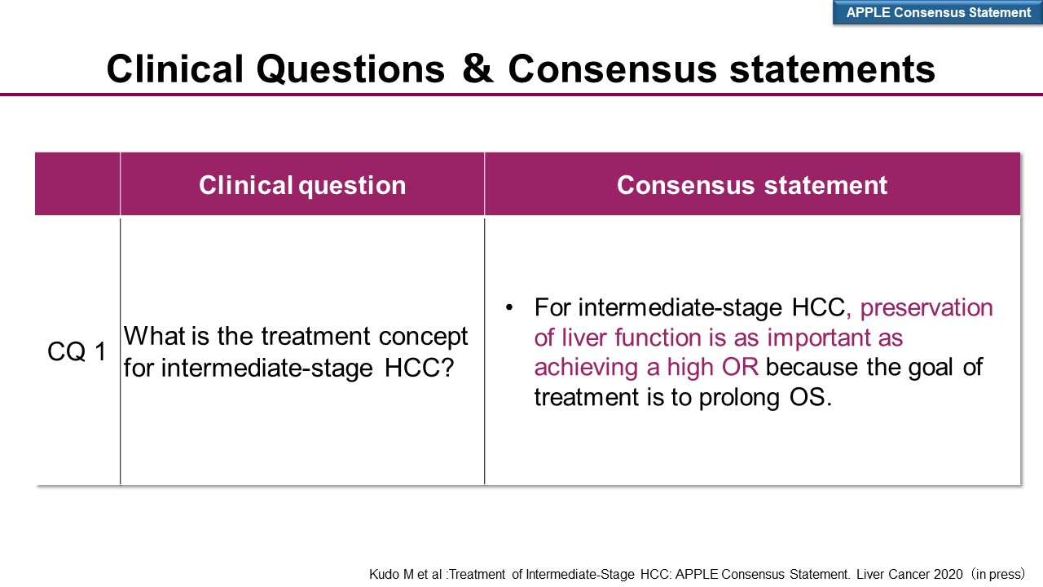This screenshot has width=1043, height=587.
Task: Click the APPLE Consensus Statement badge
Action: click(938, 12)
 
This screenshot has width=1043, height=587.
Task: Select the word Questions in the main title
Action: click(350, 70)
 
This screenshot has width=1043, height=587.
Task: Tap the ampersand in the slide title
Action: click(477, 69)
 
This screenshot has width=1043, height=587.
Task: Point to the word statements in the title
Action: click(832, 69)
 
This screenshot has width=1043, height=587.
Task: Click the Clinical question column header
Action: click(302, 185)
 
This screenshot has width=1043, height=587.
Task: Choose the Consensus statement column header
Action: click(752, 185)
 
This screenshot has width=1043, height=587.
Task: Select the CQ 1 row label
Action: click(77, 351)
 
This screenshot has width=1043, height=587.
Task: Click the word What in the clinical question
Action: click(154, 335)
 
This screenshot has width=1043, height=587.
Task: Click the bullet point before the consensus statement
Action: click(509, 307)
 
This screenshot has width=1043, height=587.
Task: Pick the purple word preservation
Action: click(926, 308)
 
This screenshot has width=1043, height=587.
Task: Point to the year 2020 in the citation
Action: click(948, 574)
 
